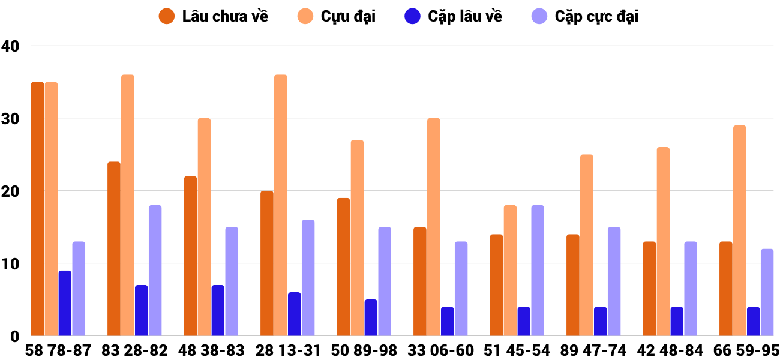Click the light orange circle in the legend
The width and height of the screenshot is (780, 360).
[305, 16]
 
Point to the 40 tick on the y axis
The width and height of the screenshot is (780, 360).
[10, 46]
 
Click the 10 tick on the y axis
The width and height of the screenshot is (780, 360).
[10, 263]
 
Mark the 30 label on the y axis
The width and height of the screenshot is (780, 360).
[10, 118]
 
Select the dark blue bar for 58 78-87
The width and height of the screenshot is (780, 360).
[65, 303]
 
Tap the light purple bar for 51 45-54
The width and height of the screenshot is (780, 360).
[538, 271]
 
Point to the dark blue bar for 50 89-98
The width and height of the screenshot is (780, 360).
[371, 317]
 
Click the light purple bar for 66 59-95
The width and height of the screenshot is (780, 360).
[767, 292]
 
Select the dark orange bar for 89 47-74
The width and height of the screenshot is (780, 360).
[573, 285]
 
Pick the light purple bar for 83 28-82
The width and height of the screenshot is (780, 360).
[155, 271]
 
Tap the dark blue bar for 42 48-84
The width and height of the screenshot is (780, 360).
[677, 321]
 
